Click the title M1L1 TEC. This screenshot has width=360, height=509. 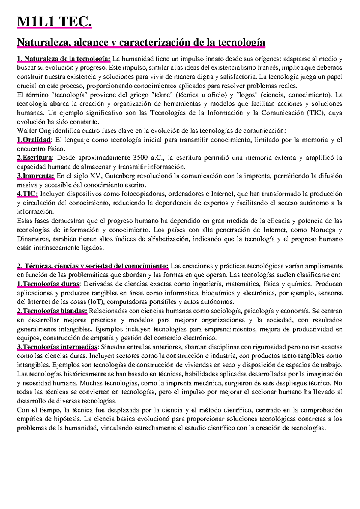tap(54, 22)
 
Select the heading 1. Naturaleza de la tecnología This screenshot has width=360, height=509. tap(64, 59)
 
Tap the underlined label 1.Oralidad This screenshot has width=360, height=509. tap(34, 140)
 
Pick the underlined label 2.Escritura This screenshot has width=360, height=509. tap(34, 158)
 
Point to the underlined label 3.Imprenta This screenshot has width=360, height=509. tap(35, 176)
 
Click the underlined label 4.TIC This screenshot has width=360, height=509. tap(27, 194)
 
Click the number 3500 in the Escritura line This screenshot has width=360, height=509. tap(140, 158)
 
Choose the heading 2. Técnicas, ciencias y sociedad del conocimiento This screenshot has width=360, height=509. tap(93, 266)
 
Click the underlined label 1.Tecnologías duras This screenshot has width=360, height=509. tap(48, 284)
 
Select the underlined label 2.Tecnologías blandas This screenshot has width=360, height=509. tap(52, 311)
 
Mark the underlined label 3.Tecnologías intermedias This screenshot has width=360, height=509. tap(57, 347)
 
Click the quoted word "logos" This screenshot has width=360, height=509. tap(247, 95)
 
